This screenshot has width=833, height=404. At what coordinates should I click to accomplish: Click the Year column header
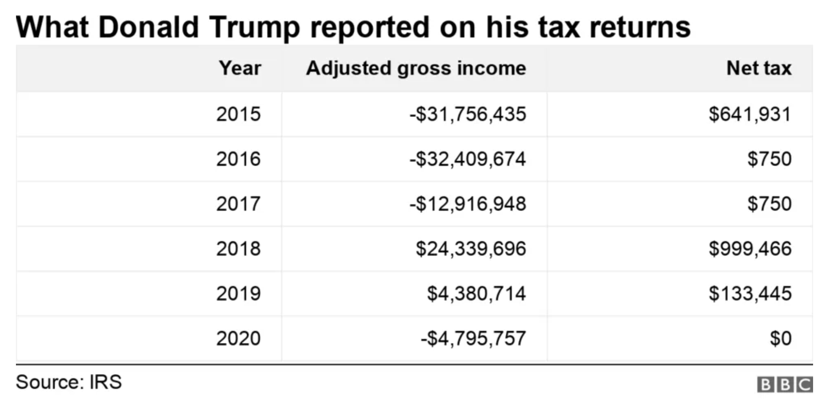click(x=240, y=68)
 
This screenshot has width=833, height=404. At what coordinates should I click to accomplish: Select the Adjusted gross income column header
click(x=416, y=68)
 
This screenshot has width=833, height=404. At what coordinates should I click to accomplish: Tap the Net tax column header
click(x=758, y=68)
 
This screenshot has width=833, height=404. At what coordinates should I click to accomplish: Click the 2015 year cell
click(x=238, y=114)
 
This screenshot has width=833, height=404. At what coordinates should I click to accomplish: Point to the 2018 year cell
click(x=238, y=249)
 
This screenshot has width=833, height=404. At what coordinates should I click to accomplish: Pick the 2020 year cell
click(x=238, y=339)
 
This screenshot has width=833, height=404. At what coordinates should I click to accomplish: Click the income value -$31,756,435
click(x=468, y=114)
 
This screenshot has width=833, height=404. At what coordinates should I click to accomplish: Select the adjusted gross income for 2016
click(x=468, y=159)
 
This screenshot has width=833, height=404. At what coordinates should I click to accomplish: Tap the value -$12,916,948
click(x=468, y=204)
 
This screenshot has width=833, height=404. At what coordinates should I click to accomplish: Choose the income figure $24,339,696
click(x=471, y=249)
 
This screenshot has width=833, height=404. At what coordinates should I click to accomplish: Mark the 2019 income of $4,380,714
click(x=476, y=294)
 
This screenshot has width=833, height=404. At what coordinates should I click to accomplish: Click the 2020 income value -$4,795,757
click(x=473, y=339)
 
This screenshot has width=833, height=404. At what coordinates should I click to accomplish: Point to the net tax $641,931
click(x=750, y=114)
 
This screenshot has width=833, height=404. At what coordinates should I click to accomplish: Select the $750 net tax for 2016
click(x=769, y=159)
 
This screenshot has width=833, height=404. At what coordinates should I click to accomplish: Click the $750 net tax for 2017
click(x=769, y=204)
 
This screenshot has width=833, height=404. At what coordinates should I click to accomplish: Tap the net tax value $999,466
click(x=750, y=249)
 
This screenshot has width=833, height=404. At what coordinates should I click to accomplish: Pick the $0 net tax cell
click(x=780, y=339)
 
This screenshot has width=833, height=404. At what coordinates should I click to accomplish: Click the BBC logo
click(x=784, y=384)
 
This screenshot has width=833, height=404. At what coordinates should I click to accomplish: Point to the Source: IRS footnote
click(x=69, y=382)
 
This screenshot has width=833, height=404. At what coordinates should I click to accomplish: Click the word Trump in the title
click(x=254, y=28)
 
